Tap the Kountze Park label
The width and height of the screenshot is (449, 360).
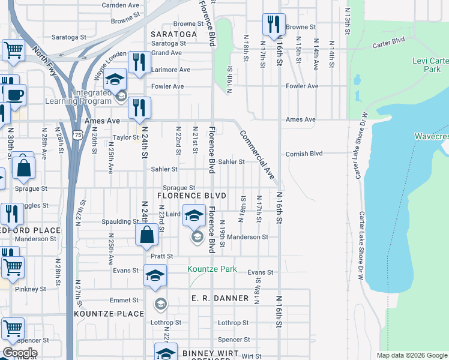[x=212, y=269]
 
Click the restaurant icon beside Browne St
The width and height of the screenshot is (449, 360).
[x=273, y=26]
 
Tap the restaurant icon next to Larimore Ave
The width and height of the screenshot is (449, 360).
[x=139, y=63]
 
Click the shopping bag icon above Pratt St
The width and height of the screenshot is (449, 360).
[x=147, y=235]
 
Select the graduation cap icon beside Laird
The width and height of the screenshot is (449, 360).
[x=194, y=215]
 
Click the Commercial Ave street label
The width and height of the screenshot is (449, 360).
[x=257, y=155]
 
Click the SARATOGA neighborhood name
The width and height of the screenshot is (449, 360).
[x=174, y=34]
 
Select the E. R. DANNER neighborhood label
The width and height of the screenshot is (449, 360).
[x=220, y=298]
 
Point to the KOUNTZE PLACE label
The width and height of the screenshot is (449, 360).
[x=109, y=314]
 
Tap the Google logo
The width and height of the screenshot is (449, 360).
[x=20, y=353]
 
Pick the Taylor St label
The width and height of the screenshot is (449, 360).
[x=126, y=137]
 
